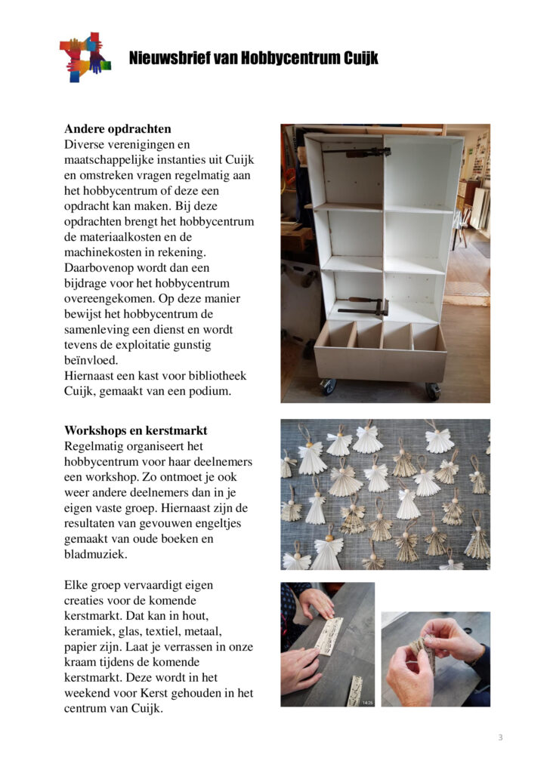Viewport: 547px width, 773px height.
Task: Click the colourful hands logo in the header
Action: tap(85, 57)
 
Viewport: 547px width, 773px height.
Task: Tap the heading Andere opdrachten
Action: tap(117, 128)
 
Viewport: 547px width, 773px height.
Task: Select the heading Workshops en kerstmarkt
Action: tap(135, 430)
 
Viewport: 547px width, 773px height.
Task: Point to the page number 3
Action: tap(500, 738)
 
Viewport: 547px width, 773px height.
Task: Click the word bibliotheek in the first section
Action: tap(215, 375)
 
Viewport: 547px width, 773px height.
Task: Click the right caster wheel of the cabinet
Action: tap(432, 390)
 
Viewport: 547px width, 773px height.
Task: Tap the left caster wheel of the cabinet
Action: tap(328, 386)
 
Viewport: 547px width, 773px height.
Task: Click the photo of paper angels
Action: tap(385, 494)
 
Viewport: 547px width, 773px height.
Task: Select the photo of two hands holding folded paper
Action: tap(435, 658)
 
